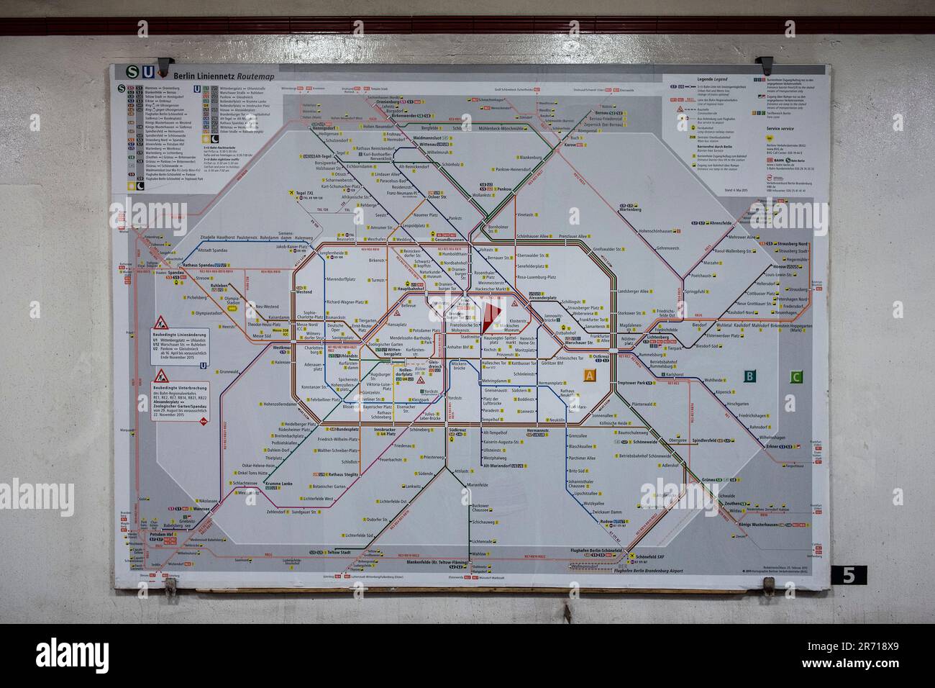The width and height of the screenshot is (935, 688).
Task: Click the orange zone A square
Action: coord(590,375)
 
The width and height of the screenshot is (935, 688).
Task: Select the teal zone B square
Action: coord(749,375)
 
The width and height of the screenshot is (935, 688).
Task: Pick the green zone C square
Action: coord(795,376)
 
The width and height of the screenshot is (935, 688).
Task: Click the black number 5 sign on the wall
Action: coord(849,575)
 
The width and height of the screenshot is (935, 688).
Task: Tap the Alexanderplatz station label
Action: coord(544,297)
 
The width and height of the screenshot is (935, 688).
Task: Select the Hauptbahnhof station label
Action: coord(412,289)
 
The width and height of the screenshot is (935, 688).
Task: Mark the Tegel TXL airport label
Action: coord(309,193)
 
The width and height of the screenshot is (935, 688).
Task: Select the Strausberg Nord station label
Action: coord(790,243)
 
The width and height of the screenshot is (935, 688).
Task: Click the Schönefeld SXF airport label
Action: coord(652,557)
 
